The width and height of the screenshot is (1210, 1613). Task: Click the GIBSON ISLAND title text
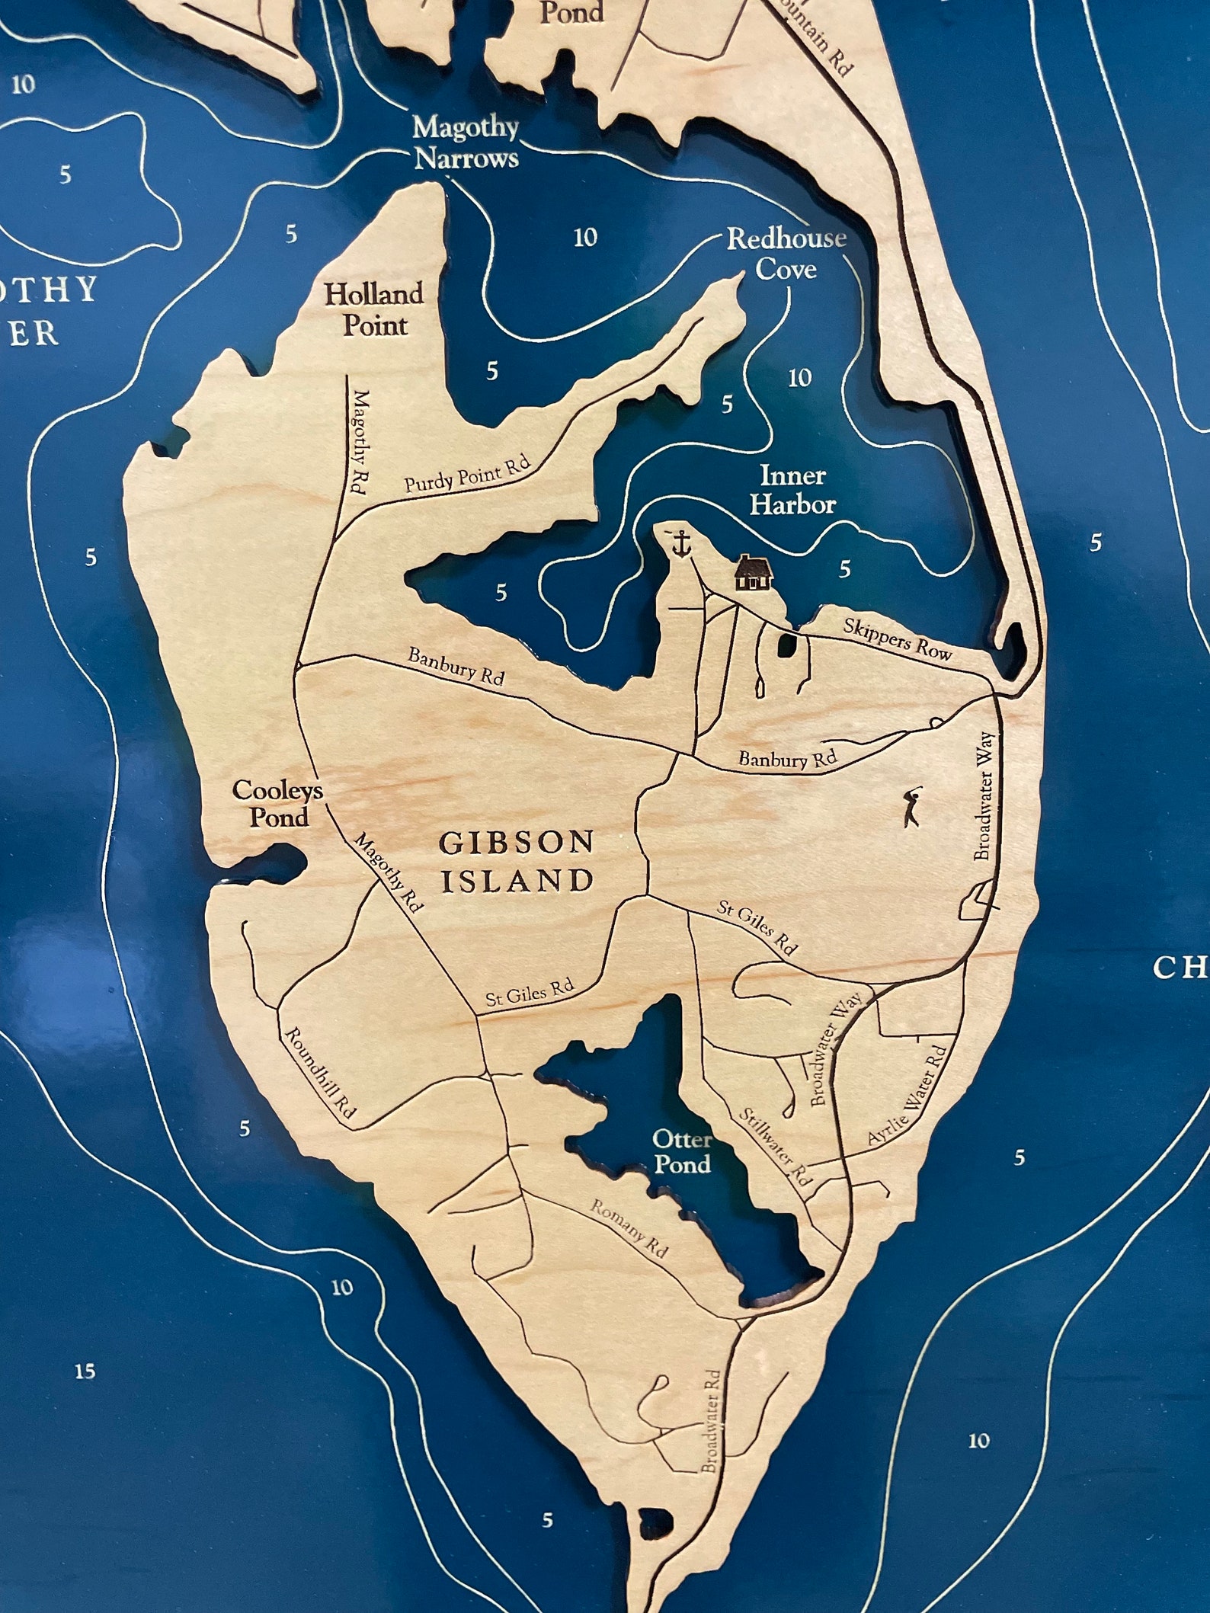point(517,862)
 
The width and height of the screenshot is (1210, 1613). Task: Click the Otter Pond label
point(681,1151)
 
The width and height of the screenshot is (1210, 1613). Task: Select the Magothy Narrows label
point(465,143)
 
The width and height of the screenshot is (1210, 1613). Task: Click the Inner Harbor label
point(792,491)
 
